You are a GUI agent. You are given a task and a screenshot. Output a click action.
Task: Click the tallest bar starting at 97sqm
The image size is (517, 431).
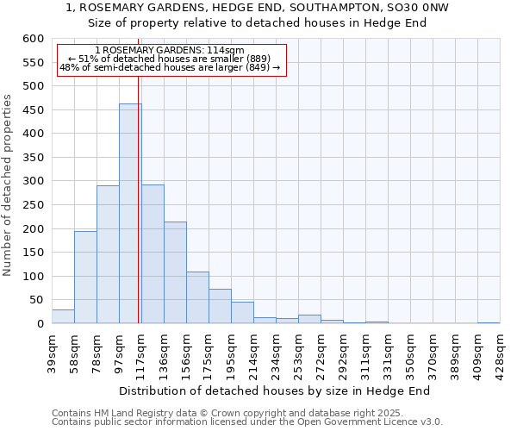pos(130,214)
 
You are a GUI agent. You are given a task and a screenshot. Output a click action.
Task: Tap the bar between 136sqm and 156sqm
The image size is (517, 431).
pos(175,272)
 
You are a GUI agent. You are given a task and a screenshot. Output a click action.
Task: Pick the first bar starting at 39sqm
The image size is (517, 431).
pos(63,316)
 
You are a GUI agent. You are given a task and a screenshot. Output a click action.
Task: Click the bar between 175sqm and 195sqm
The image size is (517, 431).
pos(220,306)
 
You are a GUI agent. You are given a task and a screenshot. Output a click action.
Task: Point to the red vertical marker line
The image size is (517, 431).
pos(138,215)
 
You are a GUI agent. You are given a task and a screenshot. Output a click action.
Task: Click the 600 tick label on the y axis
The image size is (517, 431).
pos(33,39)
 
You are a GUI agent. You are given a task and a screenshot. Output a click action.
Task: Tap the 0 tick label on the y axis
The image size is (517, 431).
pos(40,324)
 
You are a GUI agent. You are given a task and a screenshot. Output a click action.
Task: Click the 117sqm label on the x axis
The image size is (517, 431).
pos(141,351)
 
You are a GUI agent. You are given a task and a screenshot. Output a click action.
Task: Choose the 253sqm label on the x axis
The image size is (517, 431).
pos(298,351)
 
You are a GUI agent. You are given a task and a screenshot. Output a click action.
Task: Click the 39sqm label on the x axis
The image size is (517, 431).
pos(52,351)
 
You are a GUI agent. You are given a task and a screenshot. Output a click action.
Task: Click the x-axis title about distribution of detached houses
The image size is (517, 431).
pos(274,390)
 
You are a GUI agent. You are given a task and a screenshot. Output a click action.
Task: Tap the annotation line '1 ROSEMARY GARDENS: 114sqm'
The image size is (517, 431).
pos(170,51)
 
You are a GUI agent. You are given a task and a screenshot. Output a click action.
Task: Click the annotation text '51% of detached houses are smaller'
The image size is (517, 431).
pos(170,59)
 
